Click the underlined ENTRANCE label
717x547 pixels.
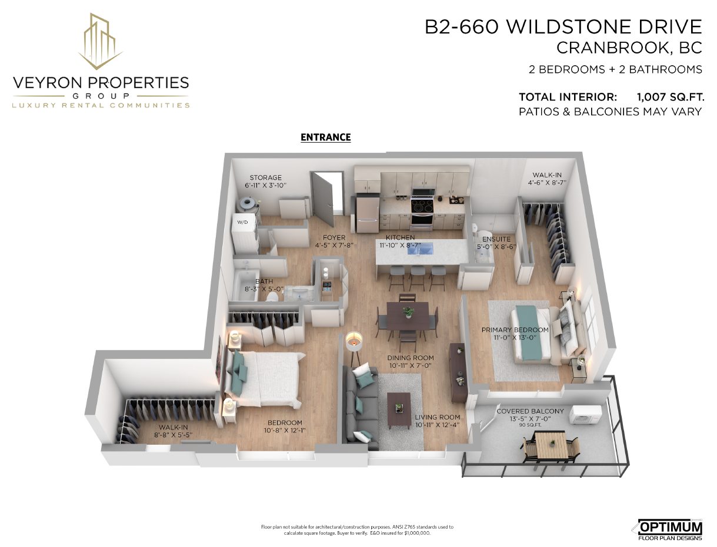[x=325, y=137]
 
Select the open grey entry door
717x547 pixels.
[x=322, y=199]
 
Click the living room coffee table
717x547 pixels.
[x=399, y=410]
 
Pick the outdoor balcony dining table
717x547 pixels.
[x=552, y=445]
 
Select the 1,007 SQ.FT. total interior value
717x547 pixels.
[x=671, y=97]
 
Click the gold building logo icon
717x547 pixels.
[x=100, y=42]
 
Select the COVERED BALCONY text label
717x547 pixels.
[x=530, y=411]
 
